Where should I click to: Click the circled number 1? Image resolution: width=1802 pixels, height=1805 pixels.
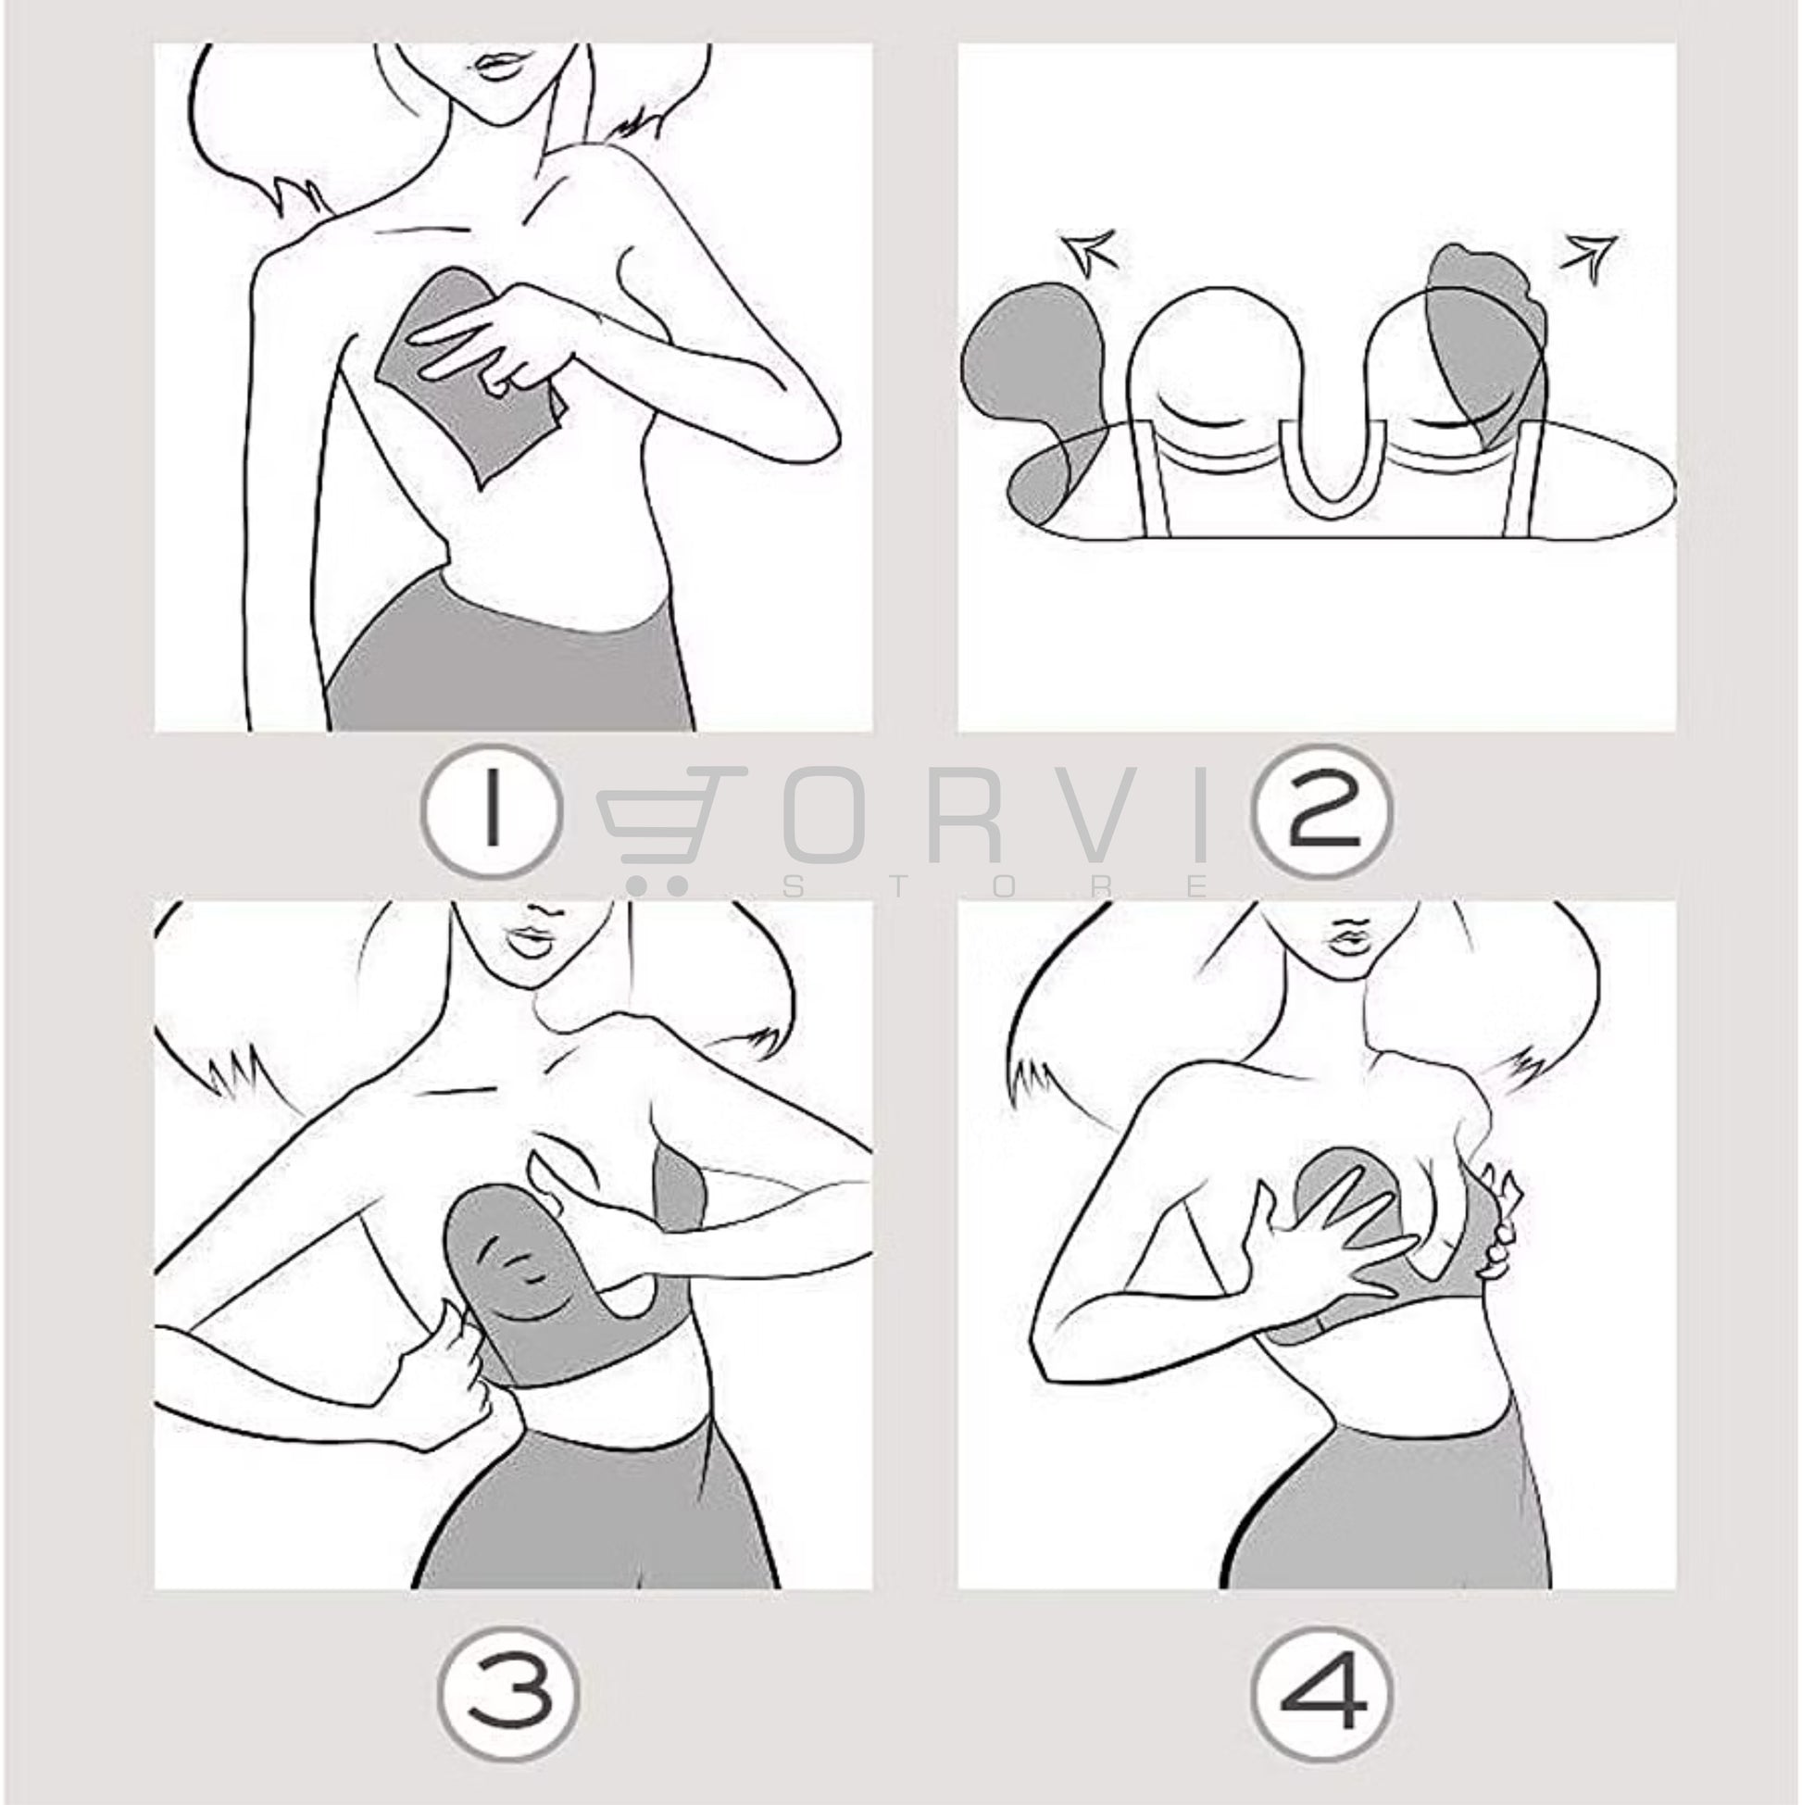coord(492,810)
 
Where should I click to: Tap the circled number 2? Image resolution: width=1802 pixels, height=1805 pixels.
coord(1320,810)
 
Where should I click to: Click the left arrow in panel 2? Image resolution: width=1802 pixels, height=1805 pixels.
coord(1088,254)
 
